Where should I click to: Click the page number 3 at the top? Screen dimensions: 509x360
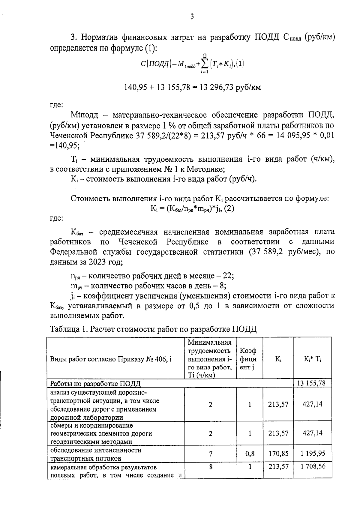coord(192,17)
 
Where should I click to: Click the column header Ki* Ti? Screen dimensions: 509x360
coord(312,359)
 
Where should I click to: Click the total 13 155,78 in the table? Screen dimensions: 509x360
coord(312,383)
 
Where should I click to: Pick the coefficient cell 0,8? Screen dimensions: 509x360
coord(250,454)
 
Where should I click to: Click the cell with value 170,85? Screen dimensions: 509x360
coord(278,454)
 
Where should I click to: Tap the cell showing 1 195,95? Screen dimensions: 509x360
coord(313,454)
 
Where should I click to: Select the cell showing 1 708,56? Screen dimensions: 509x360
coord(313,466)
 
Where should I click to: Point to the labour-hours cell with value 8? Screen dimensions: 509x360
coord(211,467)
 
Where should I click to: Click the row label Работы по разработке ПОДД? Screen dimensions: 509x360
coord(95,384)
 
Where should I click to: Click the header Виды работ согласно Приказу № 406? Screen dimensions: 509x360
coord(111,359)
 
